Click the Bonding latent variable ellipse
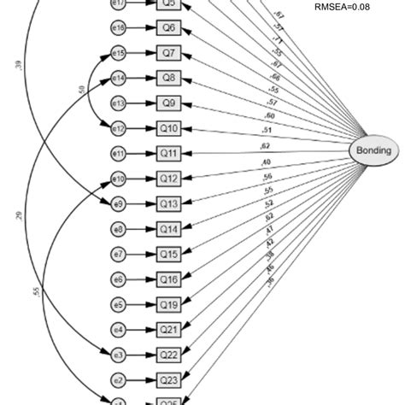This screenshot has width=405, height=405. [373, 150]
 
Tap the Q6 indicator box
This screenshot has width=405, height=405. [169, 29]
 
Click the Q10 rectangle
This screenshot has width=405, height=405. [169, 128]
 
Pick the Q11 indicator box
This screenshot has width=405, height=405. [169, 154]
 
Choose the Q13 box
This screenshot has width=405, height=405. [169, 203]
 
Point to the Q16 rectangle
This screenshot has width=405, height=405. [169, 279]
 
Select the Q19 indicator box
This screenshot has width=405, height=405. [169, 303]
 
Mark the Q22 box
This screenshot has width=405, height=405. [169, 354]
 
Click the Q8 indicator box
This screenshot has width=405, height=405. [169, 79]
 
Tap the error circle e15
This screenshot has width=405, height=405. [119, 54]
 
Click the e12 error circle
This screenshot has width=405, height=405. [119, 128]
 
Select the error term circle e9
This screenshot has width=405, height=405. [119, 203]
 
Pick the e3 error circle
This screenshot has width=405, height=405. [119, 354]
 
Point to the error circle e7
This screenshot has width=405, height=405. [119, 254]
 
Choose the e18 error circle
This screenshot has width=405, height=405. [119, 29]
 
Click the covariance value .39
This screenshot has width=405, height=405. [19, 67]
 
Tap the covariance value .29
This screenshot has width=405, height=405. [19, 217]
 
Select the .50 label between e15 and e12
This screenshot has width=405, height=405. [80, 90]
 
